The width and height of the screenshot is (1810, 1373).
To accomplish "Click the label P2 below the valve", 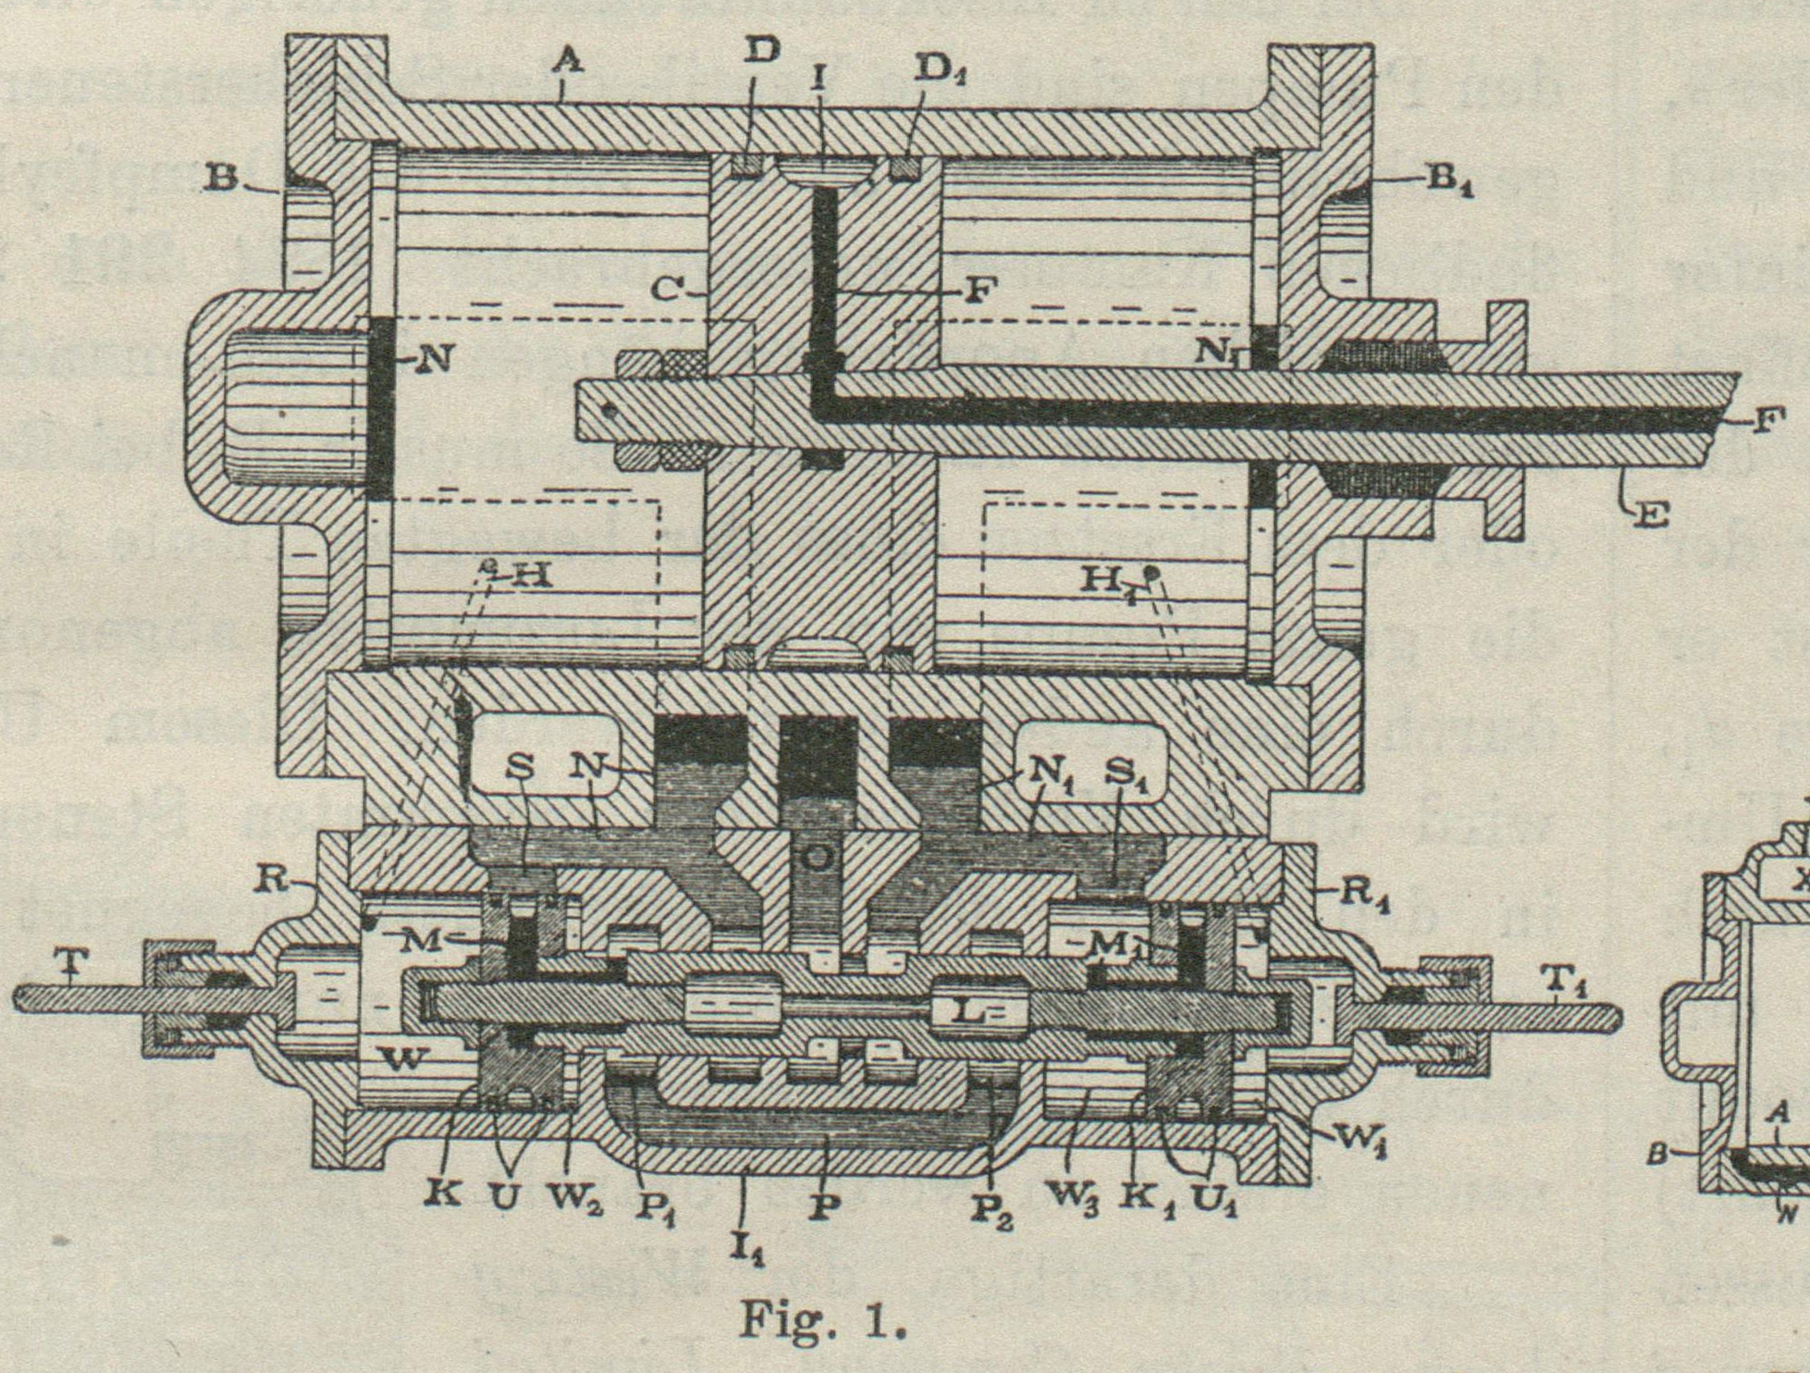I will tap(991, 1214).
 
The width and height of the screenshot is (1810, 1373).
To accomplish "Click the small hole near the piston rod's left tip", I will tap(610, 407).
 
